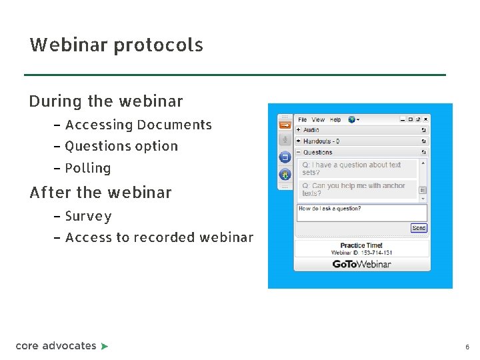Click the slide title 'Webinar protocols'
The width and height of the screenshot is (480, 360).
[116, 45]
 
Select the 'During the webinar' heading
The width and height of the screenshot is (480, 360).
[105, 102]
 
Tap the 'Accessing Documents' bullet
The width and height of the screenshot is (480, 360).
[138, 125]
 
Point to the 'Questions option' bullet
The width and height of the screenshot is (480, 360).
[121, 146]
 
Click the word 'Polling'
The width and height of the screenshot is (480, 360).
[88, 168]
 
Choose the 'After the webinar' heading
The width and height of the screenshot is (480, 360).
[101, 193]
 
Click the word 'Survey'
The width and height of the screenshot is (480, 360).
[88, 216]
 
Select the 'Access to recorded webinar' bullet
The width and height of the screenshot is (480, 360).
[159, 237]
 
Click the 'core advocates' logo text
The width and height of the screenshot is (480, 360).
[56, 345]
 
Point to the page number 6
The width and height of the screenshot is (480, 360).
[467, 347]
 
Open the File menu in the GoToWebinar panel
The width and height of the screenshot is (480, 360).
[303, 120]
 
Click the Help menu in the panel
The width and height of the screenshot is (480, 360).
[335, 120]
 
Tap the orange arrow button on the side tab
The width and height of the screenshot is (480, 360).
[285, 124]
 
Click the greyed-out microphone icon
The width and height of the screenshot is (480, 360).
[285, 140]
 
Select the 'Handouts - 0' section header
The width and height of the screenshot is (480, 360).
[321, 141]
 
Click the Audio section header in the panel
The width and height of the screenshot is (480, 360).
[311, 130]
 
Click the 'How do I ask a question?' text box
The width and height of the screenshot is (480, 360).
[361, 212]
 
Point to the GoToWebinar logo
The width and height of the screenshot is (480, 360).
[362, 264]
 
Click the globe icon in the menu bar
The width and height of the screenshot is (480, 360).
[351, 120]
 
